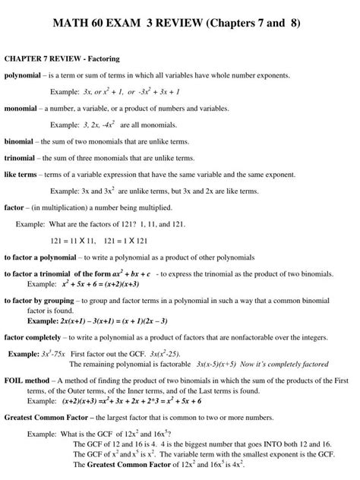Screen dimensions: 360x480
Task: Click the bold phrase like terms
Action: coord(21,175)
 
